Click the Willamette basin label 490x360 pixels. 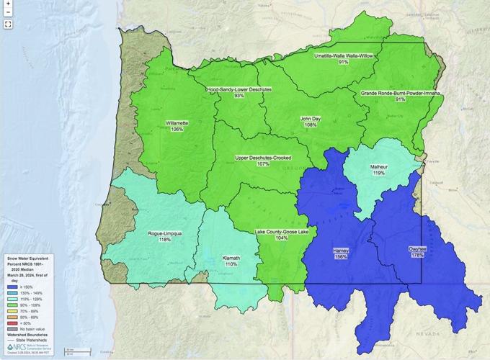[177, 123]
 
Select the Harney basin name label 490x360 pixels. [341, 250]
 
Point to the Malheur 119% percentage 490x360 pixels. [378, 173]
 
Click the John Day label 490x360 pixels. [311, 118]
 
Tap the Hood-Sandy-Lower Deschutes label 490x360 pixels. [239, 89]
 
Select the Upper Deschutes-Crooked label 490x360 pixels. [262, 157]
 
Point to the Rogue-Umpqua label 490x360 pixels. [164, 233]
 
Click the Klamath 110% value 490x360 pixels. [231, 264]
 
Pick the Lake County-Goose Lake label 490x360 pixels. [281, 232]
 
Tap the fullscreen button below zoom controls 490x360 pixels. [7, 24]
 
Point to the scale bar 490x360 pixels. [78, 351]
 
